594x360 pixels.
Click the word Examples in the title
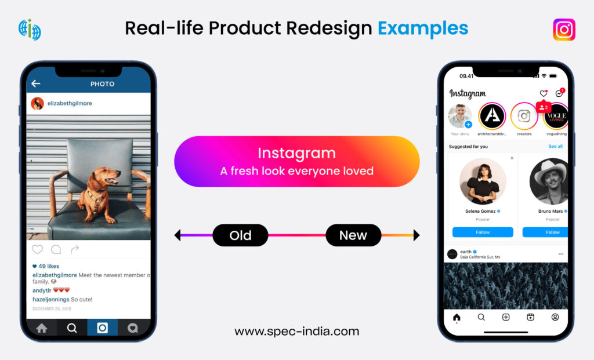[423, 28]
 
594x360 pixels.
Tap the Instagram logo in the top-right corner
[564, 30]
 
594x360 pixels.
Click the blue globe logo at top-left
[30, 30]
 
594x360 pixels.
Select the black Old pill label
[240, 235]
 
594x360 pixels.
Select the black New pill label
[353, 235]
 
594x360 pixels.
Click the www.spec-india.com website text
[296, 332]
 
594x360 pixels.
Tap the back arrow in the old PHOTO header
[36, 84]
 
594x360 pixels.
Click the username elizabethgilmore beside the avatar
[70, 103]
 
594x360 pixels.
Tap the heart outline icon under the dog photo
[38, 250]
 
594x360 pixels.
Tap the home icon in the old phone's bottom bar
[42, 328]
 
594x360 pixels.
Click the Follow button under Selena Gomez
[483, 232]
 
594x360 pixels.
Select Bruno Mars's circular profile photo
[549, 181]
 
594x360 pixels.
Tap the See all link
[555, 147]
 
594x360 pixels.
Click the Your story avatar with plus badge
[459, 116]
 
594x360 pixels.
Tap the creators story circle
[524, 116]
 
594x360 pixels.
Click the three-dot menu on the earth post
[560, 254]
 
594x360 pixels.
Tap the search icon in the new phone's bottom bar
[481, 317]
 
